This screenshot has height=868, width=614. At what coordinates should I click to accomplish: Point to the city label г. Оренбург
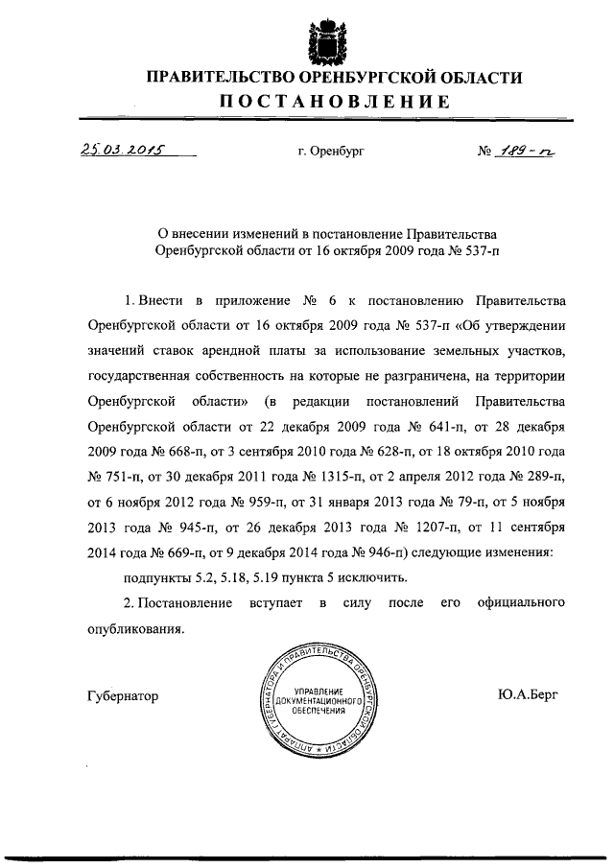point(332,152)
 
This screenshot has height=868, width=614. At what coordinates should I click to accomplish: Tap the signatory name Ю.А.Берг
point(528,695)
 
